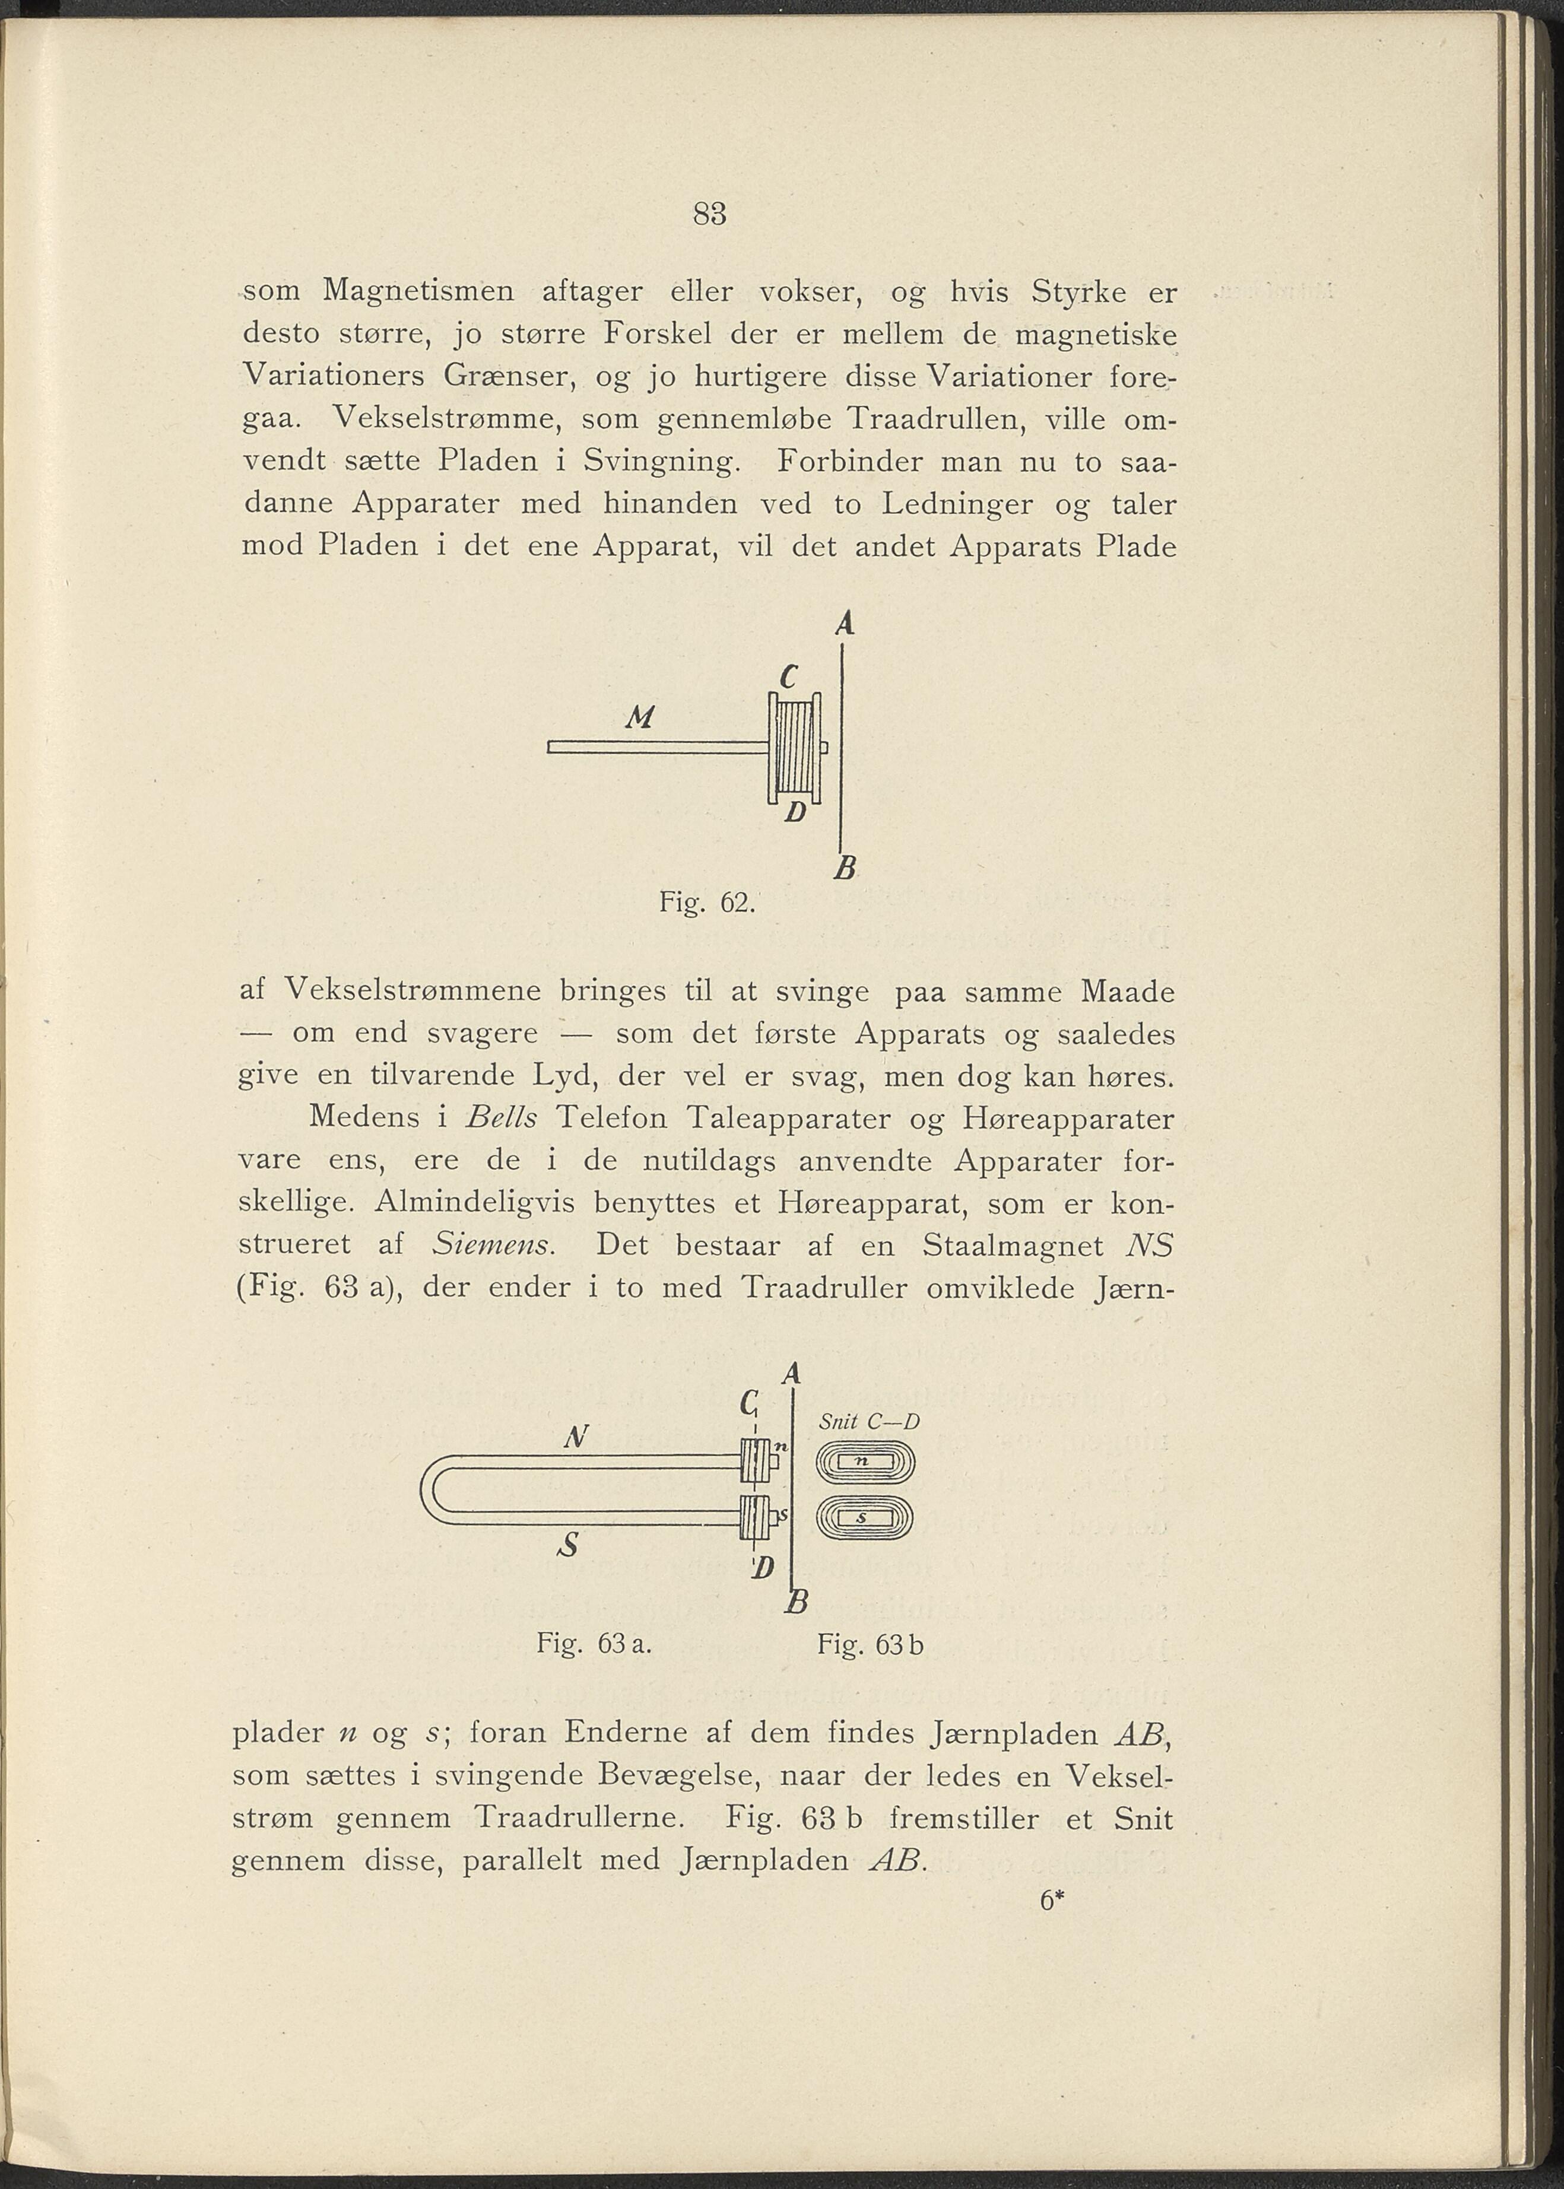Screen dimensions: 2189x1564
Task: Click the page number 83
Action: click(708, 213)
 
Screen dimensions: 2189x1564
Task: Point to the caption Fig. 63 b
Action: click(870, 1644)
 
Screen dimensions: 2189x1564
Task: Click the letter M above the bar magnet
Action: click(639, 717)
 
